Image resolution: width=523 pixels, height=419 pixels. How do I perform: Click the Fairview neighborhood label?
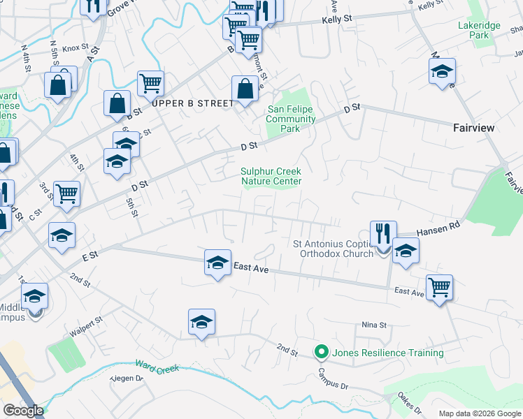[x=473, y=128]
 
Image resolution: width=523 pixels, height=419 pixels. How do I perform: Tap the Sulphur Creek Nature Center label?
[x=271, y=176]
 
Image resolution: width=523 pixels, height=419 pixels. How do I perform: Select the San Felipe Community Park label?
[x=291, y=119]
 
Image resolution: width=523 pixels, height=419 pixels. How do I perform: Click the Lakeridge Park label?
[x=479, y=29]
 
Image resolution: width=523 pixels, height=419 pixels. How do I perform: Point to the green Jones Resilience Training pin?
[x=322, y=352]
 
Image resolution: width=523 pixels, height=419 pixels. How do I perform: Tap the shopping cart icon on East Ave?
[x=439, y=286]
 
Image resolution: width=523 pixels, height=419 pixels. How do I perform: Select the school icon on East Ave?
[x=217, y=263]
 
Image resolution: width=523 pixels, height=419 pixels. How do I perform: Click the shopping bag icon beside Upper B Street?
[x=245, y=89]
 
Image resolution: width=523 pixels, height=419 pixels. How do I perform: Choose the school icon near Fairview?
[x=442, y=71]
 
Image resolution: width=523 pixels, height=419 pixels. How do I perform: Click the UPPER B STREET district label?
[x=192, y=103]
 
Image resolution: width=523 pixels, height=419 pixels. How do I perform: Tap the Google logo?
[x=23, y=411]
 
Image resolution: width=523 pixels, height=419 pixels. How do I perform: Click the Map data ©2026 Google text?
[x=479, y=413]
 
